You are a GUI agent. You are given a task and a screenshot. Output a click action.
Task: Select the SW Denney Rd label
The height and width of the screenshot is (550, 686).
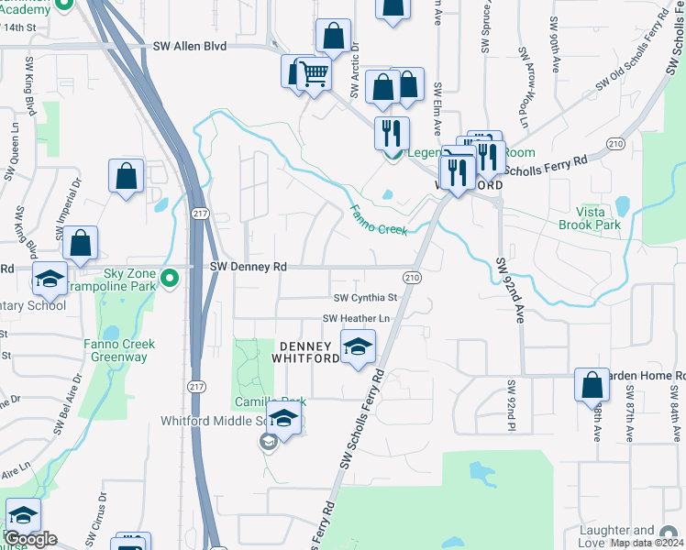coord(249,267)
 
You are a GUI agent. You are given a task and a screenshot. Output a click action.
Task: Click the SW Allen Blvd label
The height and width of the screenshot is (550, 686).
coord(191,46)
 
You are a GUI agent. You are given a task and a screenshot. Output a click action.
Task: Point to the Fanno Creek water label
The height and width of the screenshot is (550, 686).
coord(377,220)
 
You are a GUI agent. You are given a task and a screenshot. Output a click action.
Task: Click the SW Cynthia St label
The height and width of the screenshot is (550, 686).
coord(365,298)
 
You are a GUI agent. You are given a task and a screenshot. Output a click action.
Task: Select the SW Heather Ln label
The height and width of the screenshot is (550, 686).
coord(356,318)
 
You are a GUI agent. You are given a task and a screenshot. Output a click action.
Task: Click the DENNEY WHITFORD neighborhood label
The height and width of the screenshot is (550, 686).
coord(309,352)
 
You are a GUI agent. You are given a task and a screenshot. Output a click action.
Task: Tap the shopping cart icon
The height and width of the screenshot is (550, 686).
coord(315,73)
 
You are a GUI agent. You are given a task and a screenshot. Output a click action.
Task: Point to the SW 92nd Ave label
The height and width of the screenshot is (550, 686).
coord(510,289)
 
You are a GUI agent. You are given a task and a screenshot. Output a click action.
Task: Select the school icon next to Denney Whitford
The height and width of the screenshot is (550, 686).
coord(358,347)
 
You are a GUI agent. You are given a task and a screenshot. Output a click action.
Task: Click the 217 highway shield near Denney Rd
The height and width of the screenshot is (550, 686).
coord(200,213)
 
